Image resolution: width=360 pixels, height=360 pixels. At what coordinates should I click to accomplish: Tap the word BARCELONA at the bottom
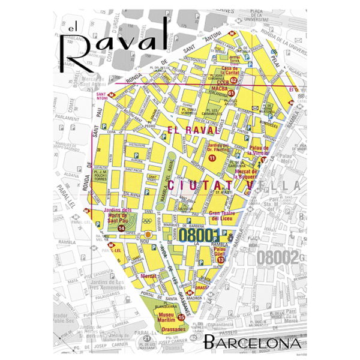[251, 344]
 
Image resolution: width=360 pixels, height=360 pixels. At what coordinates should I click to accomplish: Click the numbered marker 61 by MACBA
[231, 94]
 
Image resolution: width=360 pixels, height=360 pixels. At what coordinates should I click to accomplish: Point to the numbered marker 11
[212, 157]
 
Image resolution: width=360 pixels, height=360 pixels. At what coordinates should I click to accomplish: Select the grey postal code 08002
[278, 257]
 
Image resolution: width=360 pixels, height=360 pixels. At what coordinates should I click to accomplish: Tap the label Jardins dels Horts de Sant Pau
[118, 215]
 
